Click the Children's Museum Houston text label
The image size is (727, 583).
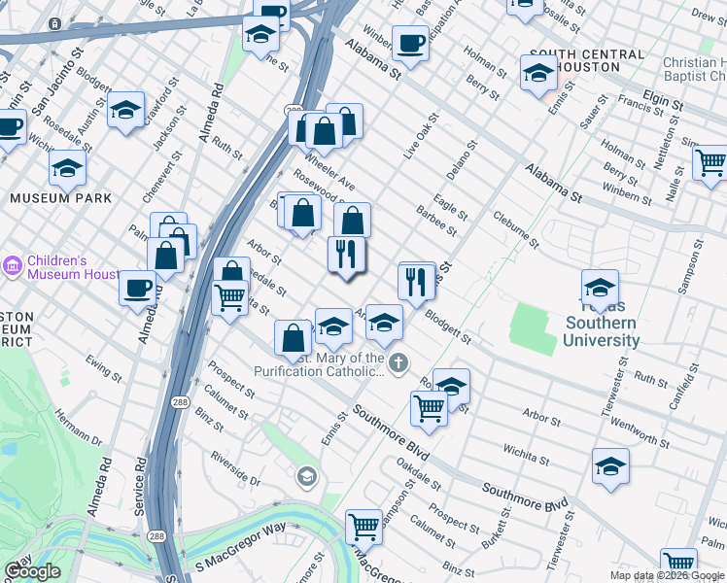pos(72,267)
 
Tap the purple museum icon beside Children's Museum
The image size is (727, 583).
pos(13,265)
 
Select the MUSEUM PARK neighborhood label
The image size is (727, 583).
pos(61,198)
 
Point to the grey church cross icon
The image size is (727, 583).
pos(398,363)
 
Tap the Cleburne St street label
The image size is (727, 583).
pos(515,229)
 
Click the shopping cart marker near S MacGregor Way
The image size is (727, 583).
pos(363,526)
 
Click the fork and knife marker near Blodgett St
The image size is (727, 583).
pos(416,282)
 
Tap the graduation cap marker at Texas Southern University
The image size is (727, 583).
pos(600,287)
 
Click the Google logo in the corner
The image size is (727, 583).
pos(33,571)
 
